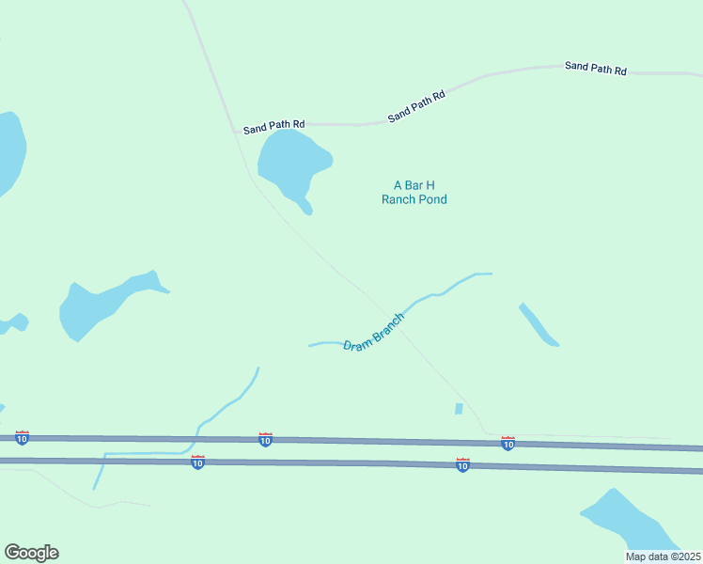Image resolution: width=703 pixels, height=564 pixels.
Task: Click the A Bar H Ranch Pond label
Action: pos(414,193)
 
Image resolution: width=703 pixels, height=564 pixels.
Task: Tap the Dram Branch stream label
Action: pos(374,333)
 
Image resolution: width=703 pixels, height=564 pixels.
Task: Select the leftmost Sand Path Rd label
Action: pos(273,125)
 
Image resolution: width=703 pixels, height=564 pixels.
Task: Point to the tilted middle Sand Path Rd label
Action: pos(415,104)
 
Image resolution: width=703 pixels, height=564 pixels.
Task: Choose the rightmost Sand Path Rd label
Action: pos(595,69)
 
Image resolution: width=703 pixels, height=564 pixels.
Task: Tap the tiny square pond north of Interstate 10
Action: pos(459,409)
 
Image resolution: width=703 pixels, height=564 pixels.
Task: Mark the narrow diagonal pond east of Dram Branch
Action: pos(539,324)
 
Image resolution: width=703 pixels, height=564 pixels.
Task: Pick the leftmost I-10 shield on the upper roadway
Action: pos(22,438)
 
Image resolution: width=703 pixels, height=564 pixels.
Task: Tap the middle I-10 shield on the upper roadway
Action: pos(265,439)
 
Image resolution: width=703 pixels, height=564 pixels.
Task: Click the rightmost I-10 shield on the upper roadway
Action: pos(508,443)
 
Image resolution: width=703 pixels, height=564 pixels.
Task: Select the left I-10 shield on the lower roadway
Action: pos(197,462)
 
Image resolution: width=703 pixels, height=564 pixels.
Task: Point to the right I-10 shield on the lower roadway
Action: pos(462,464)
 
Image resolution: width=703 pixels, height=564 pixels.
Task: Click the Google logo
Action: pos(31,553)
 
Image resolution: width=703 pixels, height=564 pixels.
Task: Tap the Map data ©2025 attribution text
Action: pos(663,556)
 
